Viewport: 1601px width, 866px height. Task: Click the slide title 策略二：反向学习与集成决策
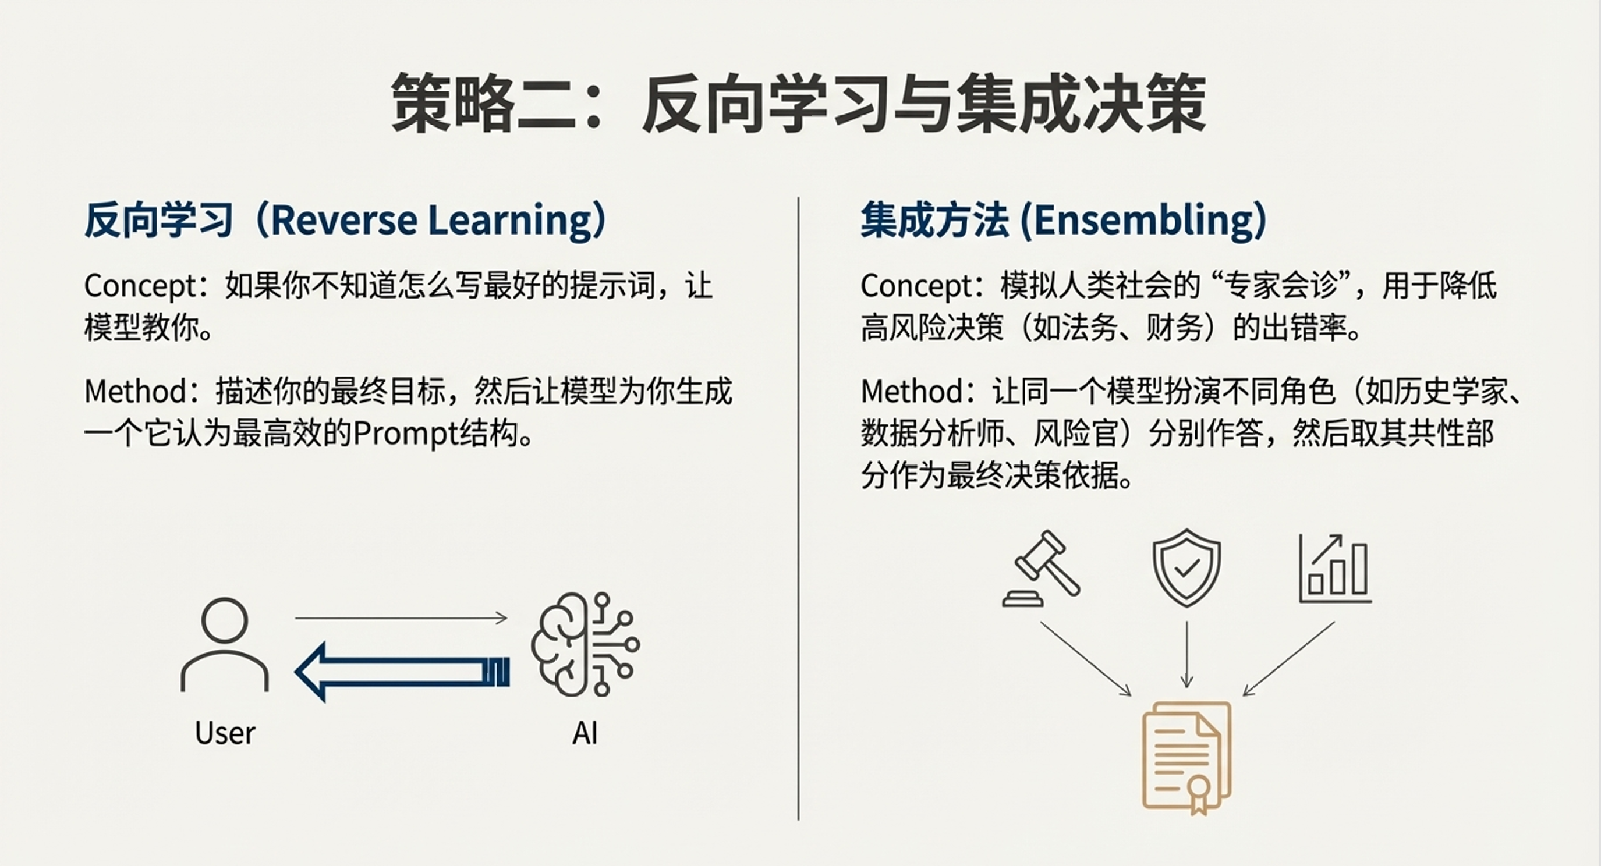799,103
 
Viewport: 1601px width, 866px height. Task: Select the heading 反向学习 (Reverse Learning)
346,220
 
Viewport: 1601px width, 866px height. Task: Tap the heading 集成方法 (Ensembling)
1064,220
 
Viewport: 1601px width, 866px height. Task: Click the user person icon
225,644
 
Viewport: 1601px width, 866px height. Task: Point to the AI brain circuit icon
585,644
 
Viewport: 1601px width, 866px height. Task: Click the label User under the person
225,734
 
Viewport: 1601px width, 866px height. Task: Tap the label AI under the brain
585,734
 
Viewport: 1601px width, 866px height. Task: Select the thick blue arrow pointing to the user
402,672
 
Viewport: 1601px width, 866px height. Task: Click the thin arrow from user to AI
402,618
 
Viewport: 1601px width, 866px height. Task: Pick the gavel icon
1041,569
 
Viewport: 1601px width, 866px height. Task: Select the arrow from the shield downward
1186,654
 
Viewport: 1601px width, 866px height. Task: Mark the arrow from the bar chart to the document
1288,658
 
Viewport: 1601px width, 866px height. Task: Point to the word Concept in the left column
141,287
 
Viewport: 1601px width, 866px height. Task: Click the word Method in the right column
912,391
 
